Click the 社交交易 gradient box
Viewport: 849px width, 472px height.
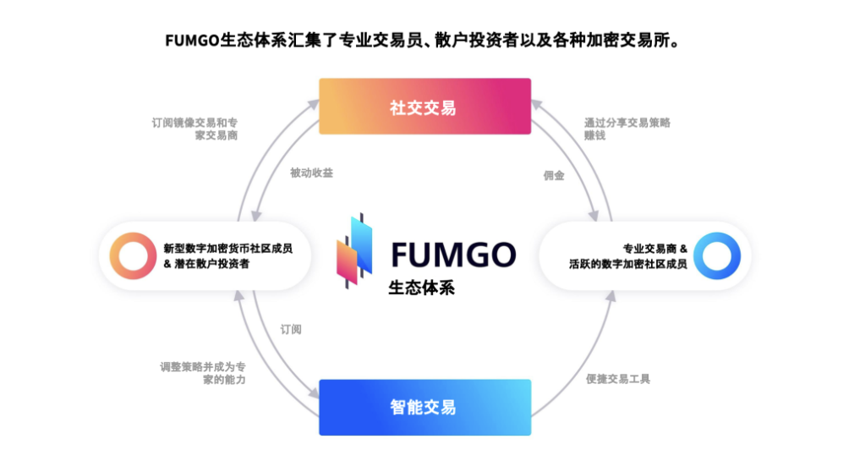coord(424,107)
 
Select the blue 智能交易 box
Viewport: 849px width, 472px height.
coord(424,407)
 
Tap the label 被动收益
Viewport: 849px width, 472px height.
coord(311,173)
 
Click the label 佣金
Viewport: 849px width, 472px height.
coord(554,176)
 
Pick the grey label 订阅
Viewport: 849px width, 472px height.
coord(291,329)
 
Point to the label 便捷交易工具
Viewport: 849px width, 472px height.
coord(618,379)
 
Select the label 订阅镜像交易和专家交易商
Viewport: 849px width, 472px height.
coord(195,129)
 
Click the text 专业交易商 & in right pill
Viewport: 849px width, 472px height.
coord(655,249)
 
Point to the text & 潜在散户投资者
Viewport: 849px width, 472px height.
coord(206,264)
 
